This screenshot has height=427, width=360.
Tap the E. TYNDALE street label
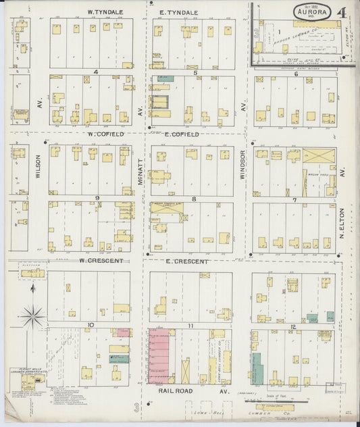tap(178, 12)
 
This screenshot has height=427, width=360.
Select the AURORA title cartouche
tap(312, 11)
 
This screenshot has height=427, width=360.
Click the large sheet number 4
tap(343, 12)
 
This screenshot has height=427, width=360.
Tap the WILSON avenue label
tap(38, 166)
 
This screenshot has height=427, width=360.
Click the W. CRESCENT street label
tap(100, 260)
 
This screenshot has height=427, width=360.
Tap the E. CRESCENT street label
tap(187, 260)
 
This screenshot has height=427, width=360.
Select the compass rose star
tap(32, 315)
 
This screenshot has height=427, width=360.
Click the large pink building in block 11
tap(159, 357)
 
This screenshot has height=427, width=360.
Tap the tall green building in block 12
tap(257, 368)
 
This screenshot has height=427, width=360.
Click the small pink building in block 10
tap(124, 332)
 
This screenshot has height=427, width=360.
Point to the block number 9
tap(97, 198)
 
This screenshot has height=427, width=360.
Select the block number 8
tap(194, 199)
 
